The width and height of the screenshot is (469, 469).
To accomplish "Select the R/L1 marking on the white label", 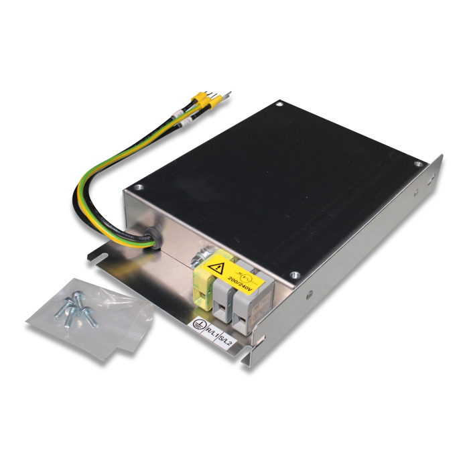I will coord(212,328).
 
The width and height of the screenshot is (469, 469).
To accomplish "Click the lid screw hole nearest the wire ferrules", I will coord(279,104).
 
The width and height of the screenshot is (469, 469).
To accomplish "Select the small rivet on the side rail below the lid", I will coord(309,293).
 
